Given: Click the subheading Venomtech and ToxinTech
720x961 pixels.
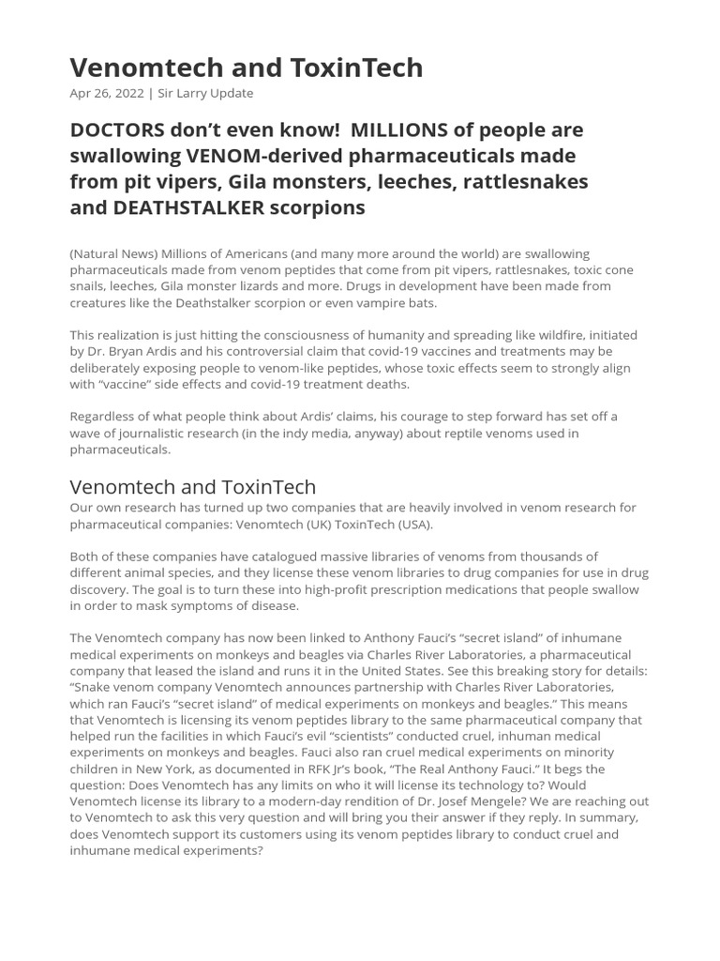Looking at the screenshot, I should (193, 486).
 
